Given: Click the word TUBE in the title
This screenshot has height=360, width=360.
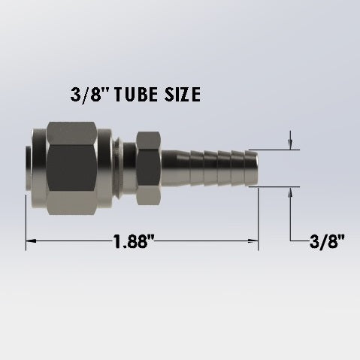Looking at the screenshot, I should pyautogui.click(x=133, y=95).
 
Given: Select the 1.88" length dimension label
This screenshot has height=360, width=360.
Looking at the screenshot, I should pyautogui.click(x=135, y=242).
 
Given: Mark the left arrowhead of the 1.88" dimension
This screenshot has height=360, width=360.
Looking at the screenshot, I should pyautogui.click(x=31, y=241).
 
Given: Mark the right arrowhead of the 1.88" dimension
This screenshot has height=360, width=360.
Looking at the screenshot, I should pyautogui.click(x=253, y=241).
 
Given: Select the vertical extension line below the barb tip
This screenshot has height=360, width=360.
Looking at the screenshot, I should pyautogui.click(x=259, y=218).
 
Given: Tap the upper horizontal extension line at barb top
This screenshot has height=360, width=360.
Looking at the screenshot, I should pyautogui.click(x=274, y=150).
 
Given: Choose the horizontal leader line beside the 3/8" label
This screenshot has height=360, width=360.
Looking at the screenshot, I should pyautogui.click(x=299, y=241).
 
